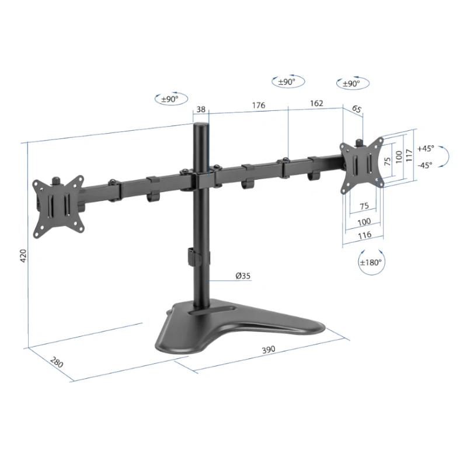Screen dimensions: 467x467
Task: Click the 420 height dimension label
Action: (x=23, y=256)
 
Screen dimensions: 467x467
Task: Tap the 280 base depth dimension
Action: (x=56, y=362)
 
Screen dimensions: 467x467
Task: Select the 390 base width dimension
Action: (x=269, y=349)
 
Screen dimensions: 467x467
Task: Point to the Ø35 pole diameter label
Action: (x=243, y=276)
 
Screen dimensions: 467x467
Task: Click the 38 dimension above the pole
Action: (x=201, y=109)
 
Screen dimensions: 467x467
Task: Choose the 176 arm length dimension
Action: (x=259, y=105)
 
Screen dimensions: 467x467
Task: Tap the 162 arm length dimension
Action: (x=316, y=103)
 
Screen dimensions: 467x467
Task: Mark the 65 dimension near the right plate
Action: (x=357, y=109)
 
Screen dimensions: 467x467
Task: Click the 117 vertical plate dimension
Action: (x=409, y=155)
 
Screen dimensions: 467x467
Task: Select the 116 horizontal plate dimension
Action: (x=364, y=235)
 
